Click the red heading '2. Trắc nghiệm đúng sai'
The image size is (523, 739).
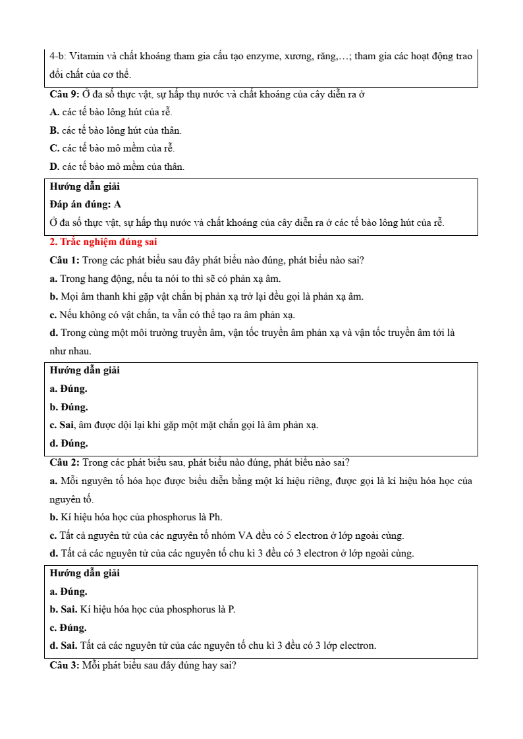(103, 242)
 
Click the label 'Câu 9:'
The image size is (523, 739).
(65, 94)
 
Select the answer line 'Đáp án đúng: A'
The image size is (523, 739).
(85, 204)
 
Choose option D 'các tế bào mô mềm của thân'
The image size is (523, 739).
(117, 167)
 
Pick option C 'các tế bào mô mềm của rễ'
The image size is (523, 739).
(112, 148)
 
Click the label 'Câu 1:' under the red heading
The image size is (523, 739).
(65, 260)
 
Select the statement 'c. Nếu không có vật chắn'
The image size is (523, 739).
(172, 315)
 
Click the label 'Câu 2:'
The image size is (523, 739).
(65, 462)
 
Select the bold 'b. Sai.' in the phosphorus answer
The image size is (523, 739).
(68, 609)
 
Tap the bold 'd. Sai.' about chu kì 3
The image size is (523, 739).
(68, 645)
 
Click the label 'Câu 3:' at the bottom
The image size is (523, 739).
(65, 665)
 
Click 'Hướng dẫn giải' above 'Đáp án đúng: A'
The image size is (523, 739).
(84, 186)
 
